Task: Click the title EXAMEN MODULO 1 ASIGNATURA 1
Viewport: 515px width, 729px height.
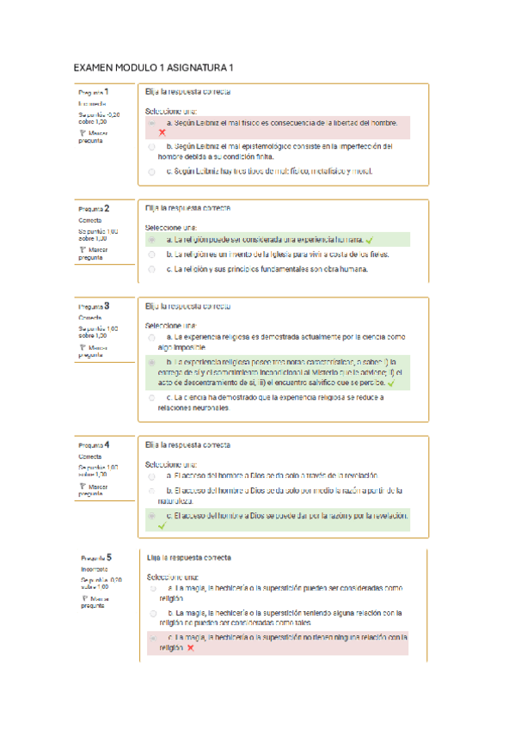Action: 154,67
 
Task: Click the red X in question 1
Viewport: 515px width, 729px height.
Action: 162,133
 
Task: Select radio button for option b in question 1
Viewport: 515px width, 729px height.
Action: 152,148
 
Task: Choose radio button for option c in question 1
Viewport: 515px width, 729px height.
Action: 152,172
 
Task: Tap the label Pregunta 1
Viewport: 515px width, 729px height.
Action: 94,92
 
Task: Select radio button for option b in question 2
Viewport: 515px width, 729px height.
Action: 152,254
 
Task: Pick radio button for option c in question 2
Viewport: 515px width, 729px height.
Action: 152,269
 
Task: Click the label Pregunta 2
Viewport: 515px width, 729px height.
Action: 94,209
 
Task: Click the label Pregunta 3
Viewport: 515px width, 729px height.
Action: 94,306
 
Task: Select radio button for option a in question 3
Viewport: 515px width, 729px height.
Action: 152,338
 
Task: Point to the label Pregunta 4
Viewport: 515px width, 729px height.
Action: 94,445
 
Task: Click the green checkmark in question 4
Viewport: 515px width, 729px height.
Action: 161,524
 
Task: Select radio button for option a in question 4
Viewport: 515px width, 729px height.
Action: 152,475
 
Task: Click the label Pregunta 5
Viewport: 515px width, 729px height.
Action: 96,558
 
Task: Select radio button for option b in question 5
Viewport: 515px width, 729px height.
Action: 152,613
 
